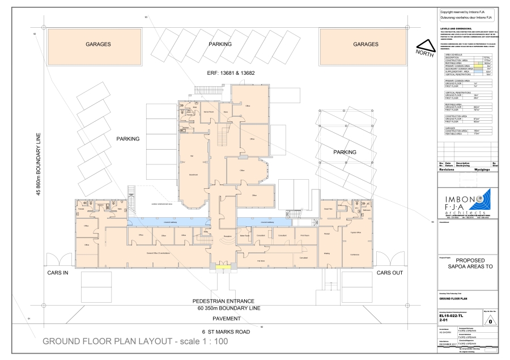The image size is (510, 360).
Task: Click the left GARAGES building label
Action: (98, 44)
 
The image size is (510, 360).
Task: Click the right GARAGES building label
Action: (365, 44)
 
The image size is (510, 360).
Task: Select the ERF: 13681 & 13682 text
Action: (231, 73)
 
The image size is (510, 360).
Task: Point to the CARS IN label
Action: (57, 273)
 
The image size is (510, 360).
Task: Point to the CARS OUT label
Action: (390, 273)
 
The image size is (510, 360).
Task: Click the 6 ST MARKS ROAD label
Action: (226, 331)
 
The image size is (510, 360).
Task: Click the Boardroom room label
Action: (192, 174)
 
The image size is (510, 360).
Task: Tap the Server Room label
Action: (208, 112)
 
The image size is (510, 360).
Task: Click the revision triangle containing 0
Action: (491, 319)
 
